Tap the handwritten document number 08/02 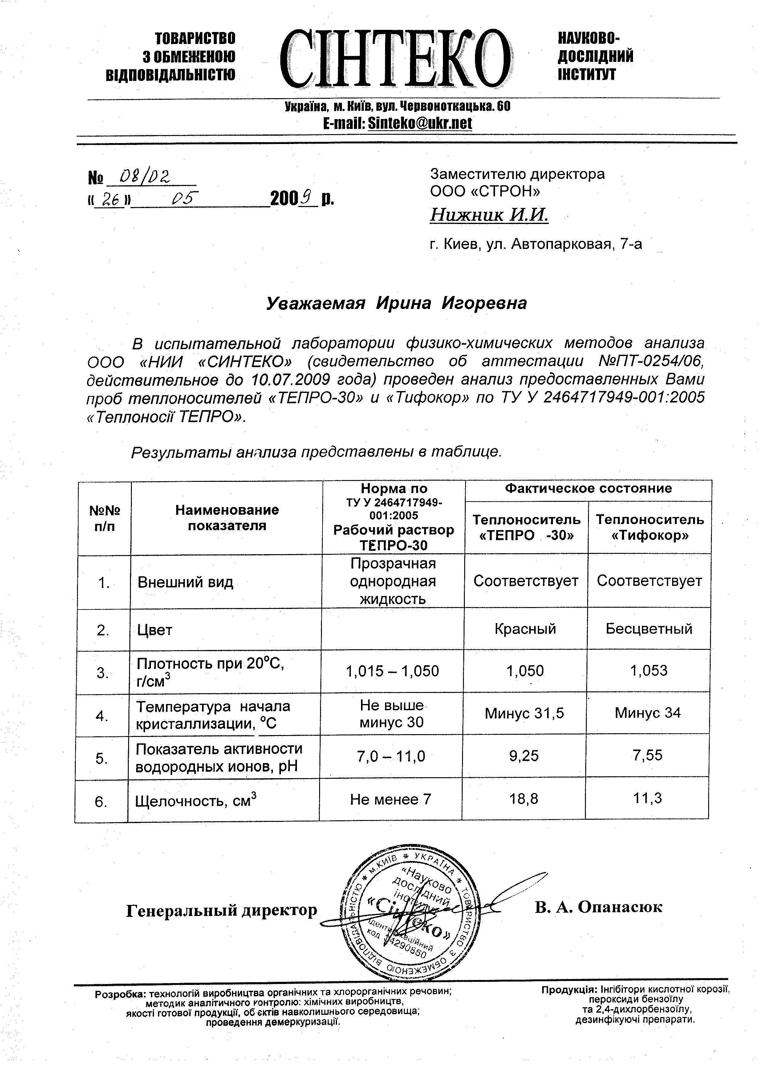144,177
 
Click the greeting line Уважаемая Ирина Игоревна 396,303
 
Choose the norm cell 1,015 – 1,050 392,671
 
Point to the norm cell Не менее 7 390,799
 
